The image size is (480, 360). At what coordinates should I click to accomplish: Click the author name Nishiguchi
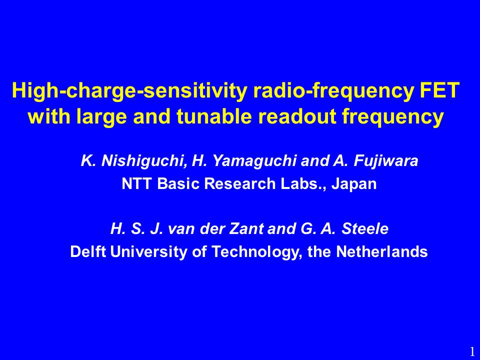[144, 160]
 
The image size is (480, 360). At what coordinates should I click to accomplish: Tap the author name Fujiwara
[385, 160]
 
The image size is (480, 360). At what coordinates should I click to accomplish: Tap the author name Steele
[365, 228]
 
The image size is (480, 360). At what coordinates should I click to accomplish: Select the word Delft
[88, 251]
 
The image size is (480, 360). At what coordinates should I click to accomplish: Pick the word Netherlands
[381, 251]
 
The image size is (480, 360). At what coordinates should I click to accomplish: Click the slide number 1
[472, 351]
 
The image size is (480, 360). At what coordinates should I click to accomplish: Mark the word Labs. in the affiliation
[303, 183]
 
